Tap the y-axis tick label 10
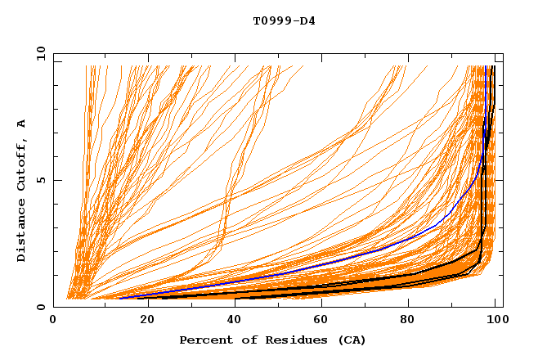click(x=39, y=53)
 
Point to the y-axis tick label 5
click(x=43, y=180)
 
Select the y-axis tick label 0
click(x=43, y=307)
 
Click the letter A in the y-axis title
click(x=21, y=124)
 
